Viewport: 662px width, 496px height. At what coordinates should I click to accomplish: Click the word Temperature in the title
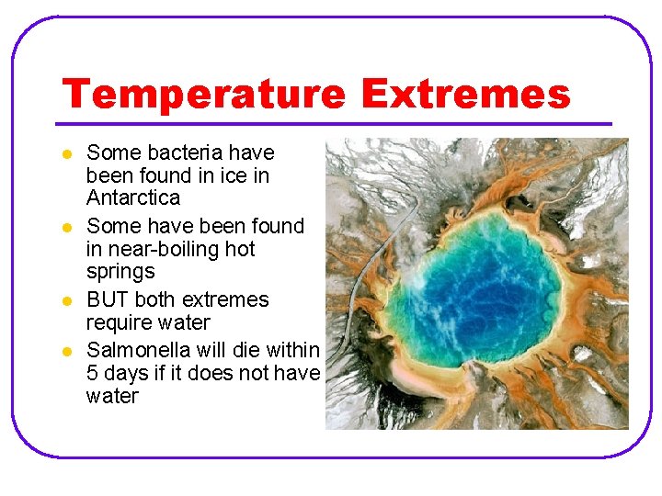pos(203,95)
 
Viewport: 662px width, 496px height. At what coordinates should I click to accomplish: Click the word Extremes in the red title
pos(465,95)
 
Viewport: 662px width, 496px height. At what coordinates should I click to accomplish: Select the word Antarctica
pos(133,198)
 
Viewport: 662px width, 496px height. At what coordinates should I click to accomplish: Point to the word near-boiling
pos(165,249)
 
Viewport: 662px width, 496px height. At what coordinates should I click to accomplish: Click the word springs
pos(120,273)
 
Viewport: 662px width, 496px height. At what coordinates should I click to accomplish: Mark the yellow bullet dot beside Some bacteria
pos(64,153)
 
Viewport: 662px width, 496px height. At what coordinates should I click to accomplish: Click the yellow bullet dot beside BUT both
pos(64,301)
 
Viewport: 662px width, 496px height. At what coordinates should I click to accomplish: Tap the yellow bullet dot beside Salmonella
pos(64,351)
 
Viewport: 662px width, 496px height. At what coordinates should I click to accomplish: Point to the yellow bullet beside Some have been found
pos(64,227)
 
